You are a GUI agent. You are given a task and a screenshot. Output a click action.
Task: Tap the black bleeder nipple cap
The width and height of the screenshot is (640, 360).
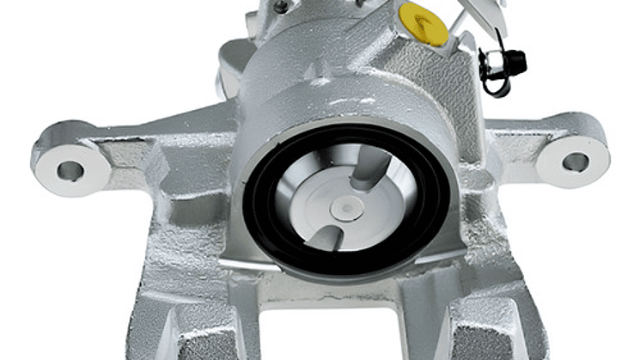(x=514, y=62)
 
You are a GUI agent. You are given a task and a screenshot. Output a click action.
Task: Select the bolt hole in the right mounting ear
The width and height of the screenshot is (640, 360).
(x=575, y=162)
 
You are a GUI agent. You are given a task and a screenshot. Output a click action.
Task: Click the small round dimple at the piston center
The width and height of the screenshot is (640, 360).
(x=347, y=207)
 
